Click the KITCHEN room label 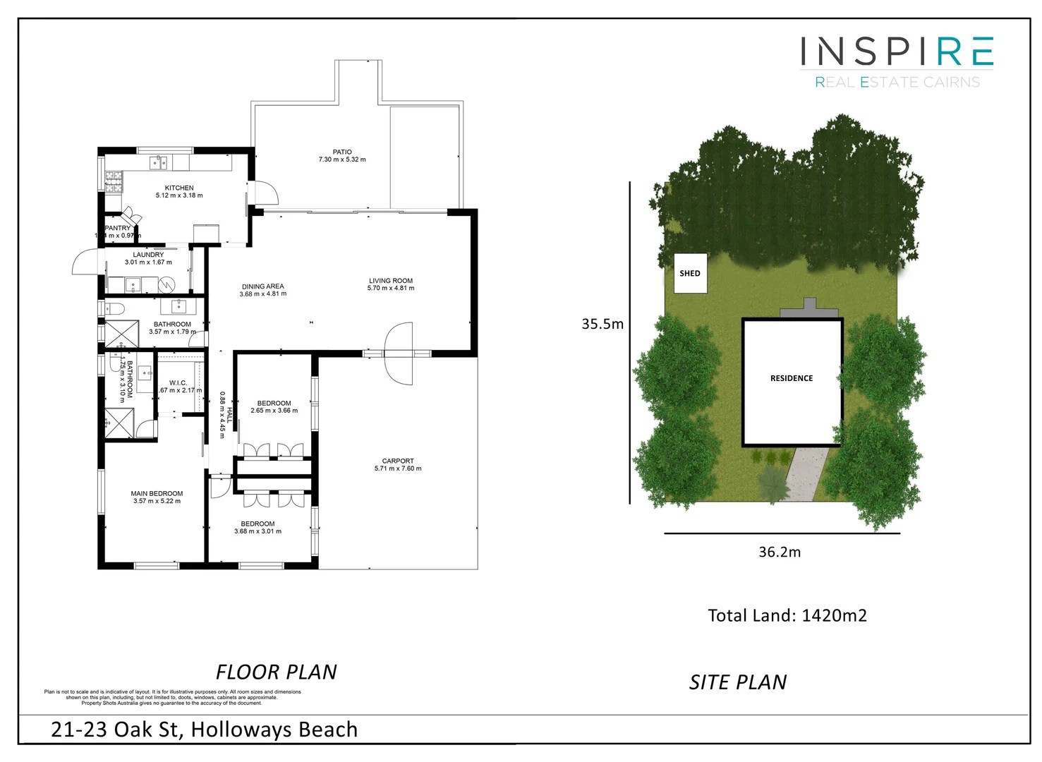tap(179, 188)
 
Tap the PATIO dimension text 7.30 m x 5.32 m tap(342, 159)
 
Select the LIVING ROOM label tap(391, 281)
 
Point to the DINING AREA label tap(262, 286)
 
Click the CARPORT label tap(398, 461)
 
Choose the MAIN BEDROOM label tap(157, 494)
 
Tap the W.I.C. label tap(178, 383)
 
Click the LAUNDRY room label tap(148, 255)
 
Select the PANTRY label tap(118, 228)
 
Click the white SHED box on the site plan tap(690, 274)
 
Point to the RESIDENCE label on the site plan tap(792, 378)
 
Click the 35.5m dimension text tap(602, 324)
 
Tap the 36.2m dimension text tap(780, 552)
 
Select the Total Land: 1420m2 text tap(787, 615)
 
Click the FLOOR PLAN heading tap(277, 672)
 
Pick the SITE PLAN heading tap(738, 682)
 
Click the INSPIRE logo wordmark tap(897, 52)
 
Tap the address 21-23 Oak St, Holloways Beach tap(204, 730)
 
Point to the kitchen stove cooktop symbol tap(114, 182)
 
